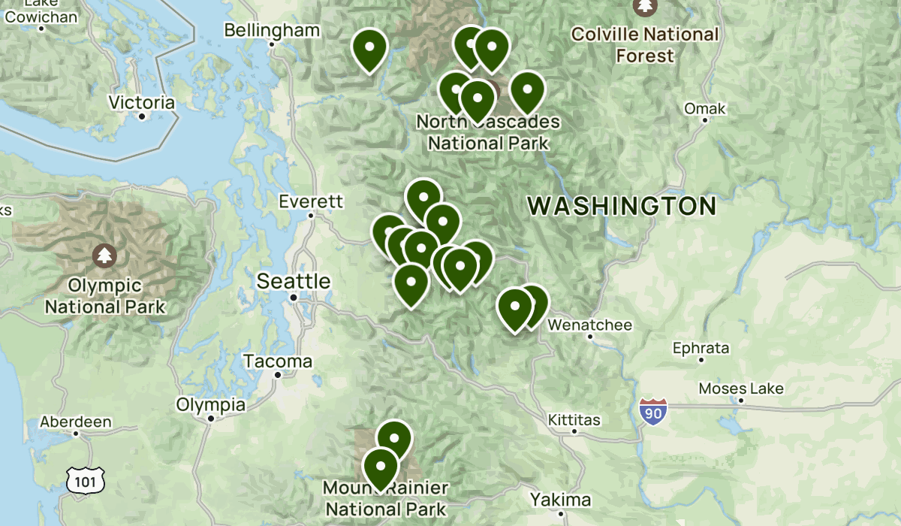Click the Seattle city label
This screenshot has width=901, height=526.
(x=294, y=282)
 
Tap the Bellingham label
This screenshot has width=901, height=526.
(x=272, y=31)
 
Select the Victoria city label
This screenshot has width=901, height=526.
(x=141, y=103)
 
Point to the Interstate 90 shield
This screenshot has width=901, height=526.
(x=653, y=412)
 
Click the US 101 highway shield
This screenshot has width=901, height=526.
(x=80, y=479)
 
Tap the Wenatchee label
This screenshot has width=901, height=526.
(x=590, y=325)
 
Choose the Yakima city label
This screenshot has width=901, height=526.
(x=560, y=500)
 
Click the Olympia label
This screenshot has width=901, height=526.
(x=210, y=405)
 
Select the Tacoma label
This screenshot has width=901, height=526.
(x=278, y=361)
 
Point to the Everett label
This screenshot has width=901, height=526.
(x=311, y=201)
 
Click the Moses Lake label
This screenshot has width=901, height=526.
(x=741, y=388)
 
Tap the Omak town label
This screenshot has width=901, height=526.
(x=704, y=109)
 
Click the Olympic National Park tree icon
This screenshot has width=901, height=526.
(x=104, y=255)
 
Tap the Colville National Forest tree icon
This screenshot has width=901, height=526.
(x=645, y=6)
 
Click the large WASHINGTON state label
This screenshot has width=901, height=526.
(x=622, y=206)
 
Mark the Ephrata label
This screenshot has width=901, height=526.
(x=701, y=349)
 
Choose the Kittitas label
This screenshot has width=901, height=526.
(x=574, y=419)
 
